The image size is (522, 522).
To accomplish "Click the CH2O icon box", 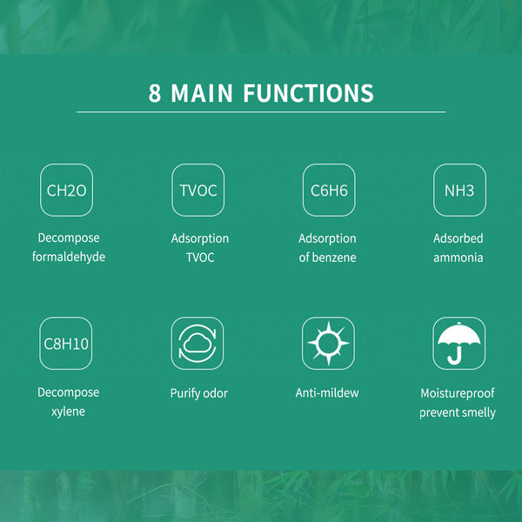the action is click(x=67, y=190).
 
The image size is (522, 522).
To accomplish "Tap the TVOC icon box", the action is click(x=198, y=190).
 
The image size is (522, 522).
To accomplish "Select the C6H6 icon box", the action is click(x=329, y=190).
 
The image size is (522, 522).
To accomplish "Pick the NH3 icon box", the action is click(x=459, y=190).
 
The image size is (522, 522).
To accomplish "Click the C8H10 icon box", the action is click(x=66, y=344).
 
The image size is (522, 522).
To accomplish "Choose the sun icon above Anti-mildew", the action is click(x=329, y=344).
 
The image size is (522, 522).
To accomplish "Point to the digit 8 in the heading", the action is click(x=155, y=93).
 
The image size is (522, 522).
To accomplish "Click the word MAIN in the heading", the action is click(x=202, y=93).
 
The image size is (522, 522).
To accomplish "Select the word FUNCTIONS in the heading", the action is click(x=308, y=93).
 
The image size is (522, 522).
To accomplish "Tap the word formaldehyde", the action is click(x=69, y=257).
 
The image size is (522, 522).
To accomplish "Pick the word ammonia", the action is click(x=458, y=258).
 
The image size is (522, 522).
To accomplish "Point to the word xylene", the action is click(x=68, y=412).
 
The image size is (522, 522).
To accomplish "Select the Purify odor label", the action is click(x=199, y=393).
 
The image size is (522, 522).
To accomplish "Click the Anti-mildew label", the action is click(x=327, y=393).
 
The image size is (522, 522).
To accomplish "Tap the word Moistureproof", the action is click(x=458, y=393).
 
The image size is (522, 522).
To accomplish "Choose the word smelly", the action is click(x=477, y=412).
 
